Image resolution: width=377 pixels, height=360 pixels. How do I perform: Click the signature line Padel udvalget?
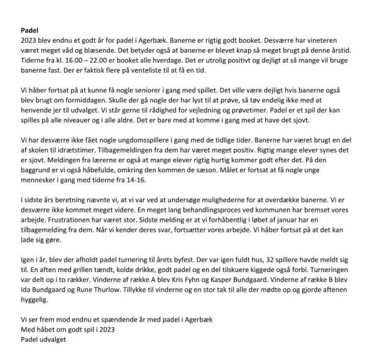point(42,339)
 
